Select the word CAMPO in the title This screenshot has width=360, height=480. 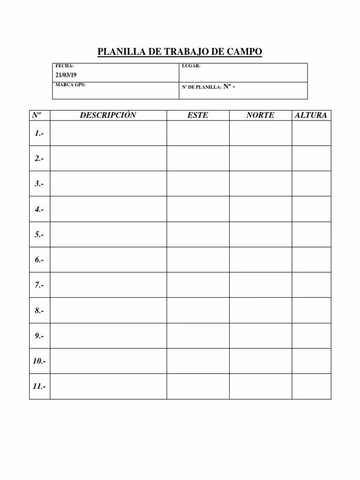click(x=244, y=52)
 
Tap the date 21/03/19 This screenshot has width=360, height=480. click(x=66, y=75)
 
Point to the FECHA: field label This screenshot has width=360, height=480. click(x=65, y=66)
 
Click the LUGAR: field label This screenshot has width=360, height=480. click(x=191, y=66)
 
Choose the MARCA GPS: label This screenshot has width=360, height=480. click(x=70, y=85)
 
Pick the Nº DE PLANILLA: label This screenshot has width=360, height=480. click(x=202, y=87)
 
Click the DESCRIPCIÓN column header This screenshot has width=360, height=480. click(x=108, y=115)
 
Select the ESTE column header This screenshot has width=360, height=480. click(x=197, y=115)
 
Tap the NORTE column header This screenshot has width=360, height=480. click(x=260, y=115)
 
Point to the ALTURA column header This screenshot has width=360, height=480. click(x=311, y=115)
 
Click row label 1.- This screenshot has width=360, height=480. click(x=39, y=134)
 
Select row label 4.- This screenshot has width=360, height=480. click(x=39, y=210)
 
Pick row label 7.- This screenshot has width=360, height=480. click(x=39, y=285)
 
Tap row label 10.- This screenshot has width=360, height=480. click(x=39, y=361)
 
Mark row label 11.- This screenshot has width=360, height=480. click(x=39, y=387)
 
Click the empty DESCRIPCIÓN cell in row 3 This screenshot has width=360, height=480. click(x=108, y=184)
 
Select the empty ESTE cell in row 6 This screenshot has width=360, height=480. click(x=198, y=260)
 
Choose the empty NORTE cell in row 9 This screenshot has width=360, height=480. click(x=261, y=336)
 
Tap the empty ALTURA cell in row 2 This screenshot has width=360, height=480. click(x=311, y=158)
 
